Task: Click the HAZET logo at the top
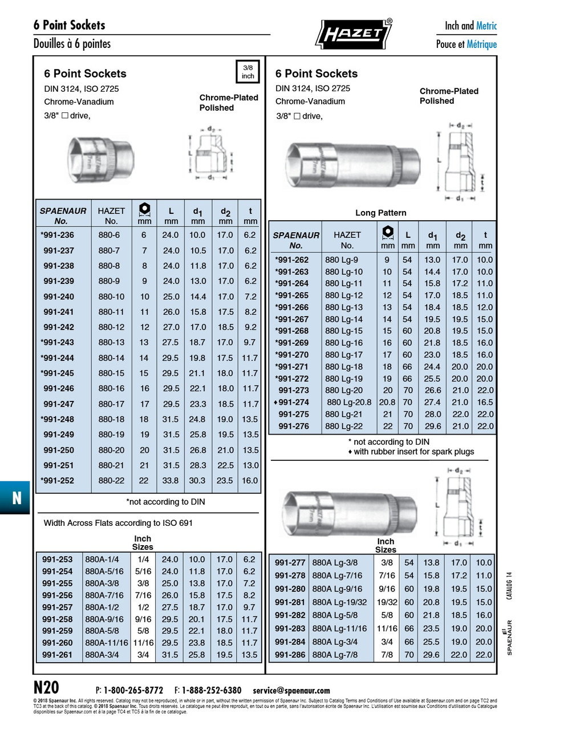click(353, 34)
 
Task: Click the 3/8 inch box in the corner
click(247, 71)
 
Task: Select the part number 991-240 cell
click(59, 297)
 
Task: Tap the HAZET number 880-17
click(111, 404)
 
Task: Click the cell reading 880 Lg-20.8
click(349, 402)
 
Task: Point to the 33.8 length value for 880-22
click(170, 480)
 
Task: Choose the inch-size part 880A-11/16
click(107, 643)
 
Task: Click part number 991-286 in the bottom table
click(290, 655)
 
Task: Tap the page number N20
click(46, 687)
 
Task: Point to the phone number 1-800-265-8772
click(133, 690)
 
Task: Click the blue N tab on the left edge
click(16, 498)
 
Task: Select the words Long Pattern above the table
click(380, 213)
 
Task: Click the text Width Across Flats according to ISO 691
click(118, 523)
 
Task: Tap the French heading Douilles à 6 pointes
click(72, 44)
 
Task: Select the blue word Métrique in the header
click(481, 44)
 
